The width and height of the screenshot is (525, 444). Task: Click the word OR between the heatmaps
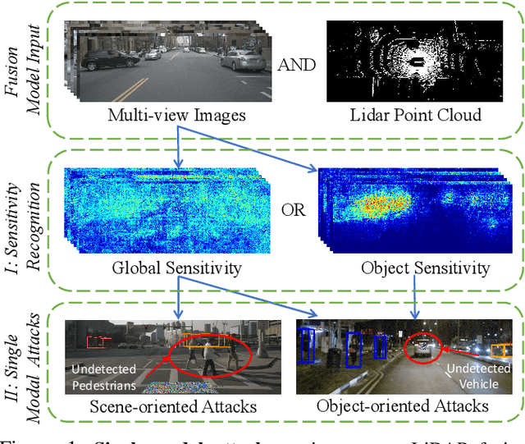click(x=293, y=210)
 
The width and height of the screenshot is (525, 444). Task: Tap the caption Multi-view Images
click(x=177, y=116)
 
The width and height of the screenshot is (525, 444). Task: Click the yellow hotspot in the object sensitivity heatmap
click(x=382, y=201)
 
